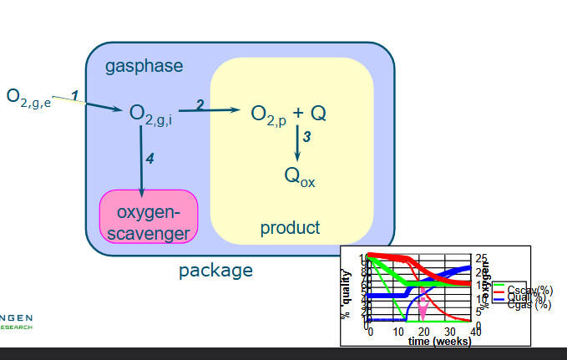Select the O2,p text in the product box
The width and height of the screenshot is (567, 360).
(269, 114)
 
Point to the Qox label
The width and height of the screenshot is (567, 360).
(300, 177)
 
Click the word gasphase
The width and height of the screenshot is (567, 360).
(144, 66)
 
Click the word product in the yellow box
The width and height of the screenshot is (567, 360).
(290, 227)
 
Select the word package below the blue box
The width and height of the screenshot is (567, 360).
(215, 271)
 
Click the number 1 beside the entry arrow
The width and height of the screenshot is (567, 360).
(75, 97)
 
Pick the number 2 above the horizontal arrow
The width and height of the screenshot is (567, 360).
(200, 104)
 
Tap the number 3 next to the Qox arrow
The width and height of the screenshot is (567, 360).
(306, 138)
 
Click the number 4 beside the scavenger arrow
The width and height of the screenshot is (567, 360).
(149, 158)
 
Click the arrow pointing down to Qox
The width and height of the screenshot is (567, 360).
(296, 145)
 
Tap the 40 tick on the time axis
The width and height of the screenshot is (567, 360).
(475, 332)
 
